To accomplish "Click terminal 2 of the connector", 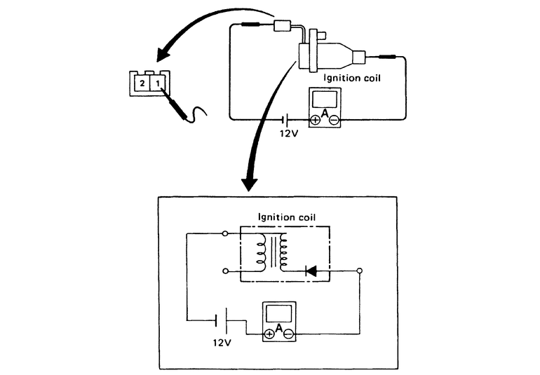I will point(142,83).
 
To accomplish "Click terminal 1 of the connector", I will point(159,83).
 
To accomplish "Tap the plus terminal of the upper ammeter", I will point(316,120).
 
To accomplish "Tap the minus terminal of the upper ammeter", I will point(333,120).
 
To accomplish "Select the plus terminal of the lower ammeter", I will point(270,333).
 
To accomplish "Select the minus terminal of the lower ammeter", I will point(288,333).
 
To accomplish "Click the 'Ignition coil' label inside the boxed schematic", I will point(286,217).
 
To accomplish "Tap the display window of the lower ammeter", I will point(278,312).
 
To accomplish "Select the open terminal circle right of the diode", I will point(360,270).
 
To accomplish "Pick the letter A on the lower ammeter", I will point(279,327).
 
